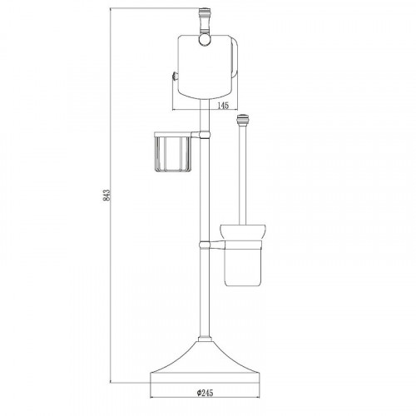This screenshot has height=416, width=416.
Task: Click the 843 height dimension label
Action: pos(107,195)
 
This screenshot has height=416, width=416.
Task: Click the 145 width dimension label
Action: pos(223,106)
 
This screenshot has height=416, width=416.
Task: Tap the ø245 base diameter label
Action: pos(205,393)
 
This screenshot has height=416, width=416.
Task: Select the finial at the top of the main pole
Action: pos(203,20)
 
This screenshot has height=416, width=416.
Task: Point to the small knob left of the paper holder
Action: pos(174,76)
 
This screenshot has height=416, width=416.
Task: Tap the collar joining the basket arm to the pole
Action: pos(205,135)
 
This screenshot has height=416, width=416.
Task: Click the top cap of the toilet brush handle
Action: pos(242,119)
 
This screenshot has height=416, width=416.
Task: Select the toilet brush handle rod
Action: pos(242,175)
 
